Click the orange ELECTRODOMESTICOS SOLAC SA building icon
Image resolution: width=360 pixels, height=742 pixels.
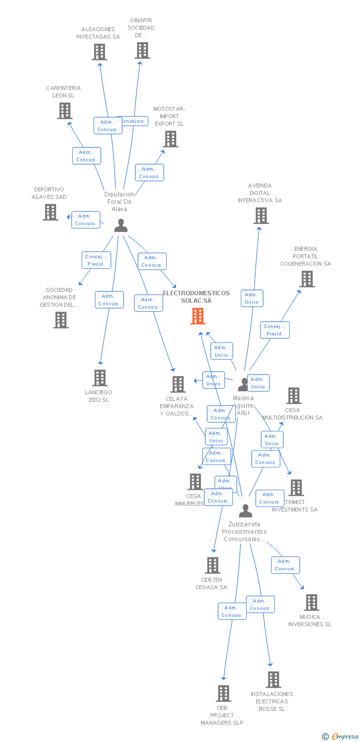[198, 316]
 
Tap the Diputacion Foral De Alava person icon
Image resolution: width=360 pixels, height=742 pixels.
[121, 226]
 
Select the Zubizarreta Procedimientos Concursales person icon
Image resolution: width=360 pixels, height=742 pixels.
[245, 510]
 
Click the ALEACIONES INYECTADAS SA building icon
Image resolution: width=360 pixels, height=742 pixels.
[99, 52]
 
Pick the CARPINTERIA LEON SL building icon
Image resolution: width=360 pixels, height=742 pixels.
[65, 111]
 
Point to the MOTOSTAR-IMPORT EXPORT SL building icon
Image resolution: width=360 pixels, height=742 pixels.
[171, 139]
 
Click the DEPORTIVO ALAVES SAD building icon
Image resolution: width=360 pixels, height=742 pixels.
[50, 212]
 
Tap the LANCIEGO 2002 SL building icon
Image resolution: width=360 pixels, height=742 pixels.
[100, 378]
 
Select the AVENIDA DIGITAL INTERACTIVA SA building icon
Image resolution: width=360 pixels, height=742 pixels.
[261, 216]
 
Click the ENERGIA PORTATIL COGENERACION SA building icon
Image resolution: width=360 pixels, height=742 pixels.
[307, 279]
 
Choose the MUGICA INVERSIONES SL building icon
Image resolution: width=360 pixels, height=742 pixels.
[312, 603]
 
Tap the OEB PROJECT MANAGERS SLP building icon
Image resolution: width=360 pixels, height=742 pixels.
[224, 694]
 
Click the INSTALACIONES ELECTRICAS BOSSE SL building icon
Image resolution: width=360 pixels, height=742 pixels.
[273, 680]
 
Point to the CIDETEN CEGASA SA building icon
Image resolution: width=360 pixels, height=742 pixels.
[213, 565]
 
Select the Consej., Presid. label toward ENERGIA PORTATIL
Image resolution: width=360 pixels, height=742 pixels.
[275, 330]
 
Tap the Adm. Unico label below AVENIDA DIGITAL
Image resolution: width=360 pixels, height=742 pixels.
[252, 298]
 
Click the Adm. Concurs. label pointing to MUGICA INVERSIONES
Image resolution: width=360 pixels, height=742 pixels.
[285, 565]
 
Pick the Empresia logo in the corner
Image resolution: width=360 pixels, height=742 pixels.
[341, 737]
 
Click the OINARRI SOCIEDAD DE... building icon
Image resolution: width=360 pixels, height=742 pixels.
[142, 50]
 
